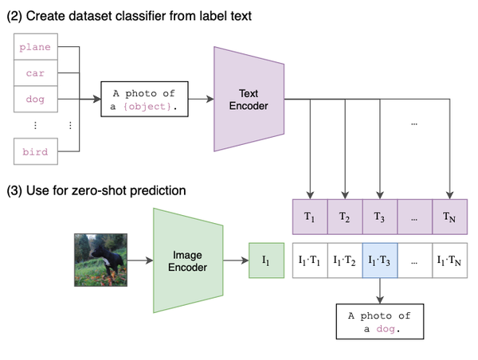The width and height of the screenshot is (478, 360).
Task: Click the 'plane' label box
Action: (x=35, y=47)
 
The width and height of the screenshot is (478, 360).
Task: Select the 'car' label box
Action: (x=35, y=73)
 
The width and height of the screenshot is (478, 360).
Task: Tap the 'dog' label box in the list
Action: (x=35, y=100)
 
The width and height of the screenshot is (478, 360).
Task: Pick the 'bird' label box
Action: (x=35, y=151)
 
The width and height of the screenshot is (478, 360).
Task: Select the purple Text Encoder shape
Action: (x=249, y=99)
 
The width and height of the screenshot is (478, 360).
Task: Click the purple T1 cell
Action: (x=310, y=217)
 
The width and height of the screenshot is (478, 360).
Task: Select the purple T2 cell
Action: (x=344, y=217)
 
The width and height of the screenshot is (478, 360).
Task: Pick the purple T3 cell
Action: (x=379, y=217)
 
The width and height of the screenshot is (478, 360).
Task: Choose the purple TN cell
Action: (x=449, y=217)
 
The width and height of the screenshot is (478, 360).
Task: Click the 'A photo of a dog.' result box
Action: (x=380, y=322)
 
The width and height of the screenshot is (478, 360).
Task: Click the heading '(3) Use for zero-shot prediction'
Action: (x=96, y=190)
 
